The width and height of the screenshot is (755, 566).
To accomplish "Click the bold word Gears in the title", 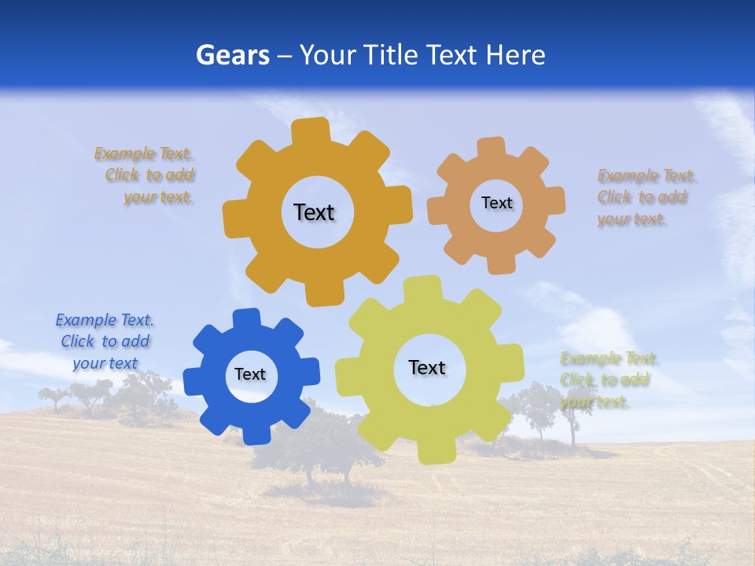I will (x=233, y=55).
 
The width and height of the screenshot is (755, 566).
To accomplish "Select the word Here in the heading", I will (x=515, y=55).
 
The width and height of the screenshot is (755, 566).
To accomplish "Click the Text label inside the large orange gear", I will (x=314, y=212).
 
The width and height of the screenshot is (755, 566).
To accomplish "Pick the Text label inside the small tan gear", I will (x=496, y=203).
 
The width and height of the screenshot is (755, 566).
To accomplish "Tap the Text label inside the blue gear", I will (x=250, y=374).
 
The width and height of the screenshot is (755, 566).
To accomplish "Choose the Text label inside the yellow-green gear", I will (x=427, y=367).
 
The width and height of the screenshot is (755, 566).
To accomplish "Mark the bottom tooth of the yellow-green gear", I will (x=436, y=451).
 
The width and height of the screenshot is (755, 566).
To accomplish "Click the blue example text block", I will (x=105, y=341).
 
